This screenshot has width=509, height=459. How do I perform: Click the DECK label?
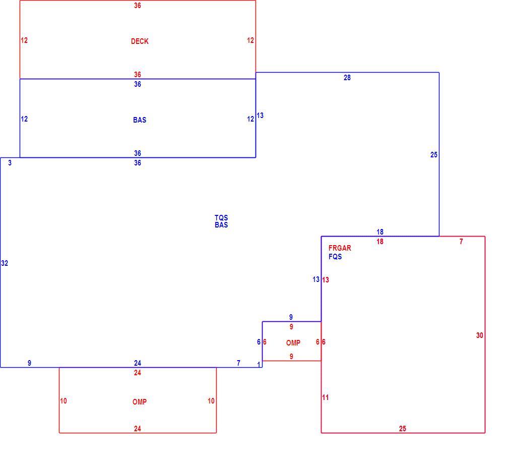[x=140, y=41]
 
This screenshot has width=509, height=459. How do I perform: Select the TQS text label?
[x=221, y=217]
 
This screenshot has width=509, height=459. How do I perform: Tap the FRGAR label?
[x=340, y=248]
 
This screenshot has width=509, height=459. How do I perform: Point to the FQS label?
[x=335, y=257]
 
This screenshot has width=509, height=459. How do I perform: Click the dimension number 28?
[x=347, y=78]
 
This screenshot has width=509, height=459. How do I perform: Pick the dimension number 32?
[x=5, y=263]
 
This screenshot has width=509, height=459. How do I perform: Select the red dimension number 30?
[x=479, y=335]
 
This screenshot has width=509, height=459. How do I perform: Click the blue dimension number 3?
[x=10, y=163]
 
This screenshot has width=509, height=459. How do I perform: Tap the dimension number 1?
[x=259, y=365]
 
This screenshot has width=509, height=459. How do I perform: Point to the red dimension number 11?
[x=325, y=397]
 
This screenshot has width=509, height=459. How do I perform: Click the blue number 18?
[x=380, y=232]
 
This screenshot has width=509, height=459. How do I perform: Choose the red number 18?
[x=380, y=242]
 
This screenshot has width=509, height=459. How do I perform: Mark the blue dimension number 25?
[x=434, y=155]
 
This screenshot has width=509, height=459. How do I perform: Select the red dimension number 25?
[x=403, y=428]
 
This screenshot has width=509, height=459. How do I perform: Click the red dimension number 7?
[x=461, y=242]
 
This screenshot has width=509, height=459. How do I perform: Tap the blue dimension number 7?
[x=238, y=363]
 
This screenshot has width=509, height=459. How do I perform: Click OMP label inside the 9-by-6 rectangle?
[x=293, y=342]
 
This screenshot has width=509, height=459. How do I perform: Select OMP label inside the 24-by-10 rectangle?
[x=140, y=402]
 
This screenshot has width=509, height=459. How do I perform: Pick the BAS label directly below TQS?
[x=221, y=225]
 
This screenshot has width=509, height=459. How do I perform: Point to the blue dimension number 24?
[x=137, y=363]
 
